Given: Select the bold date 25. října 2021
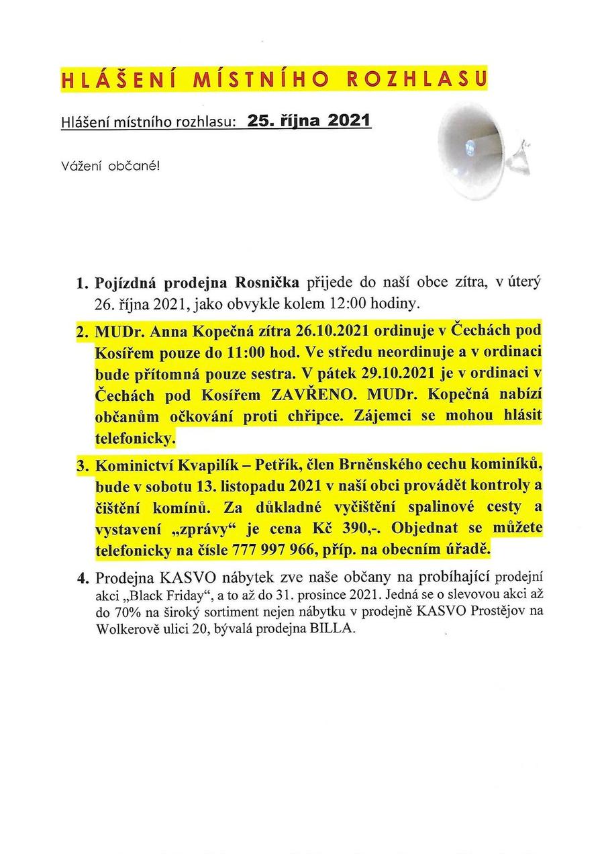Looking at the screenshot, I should tap(309, 121).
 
